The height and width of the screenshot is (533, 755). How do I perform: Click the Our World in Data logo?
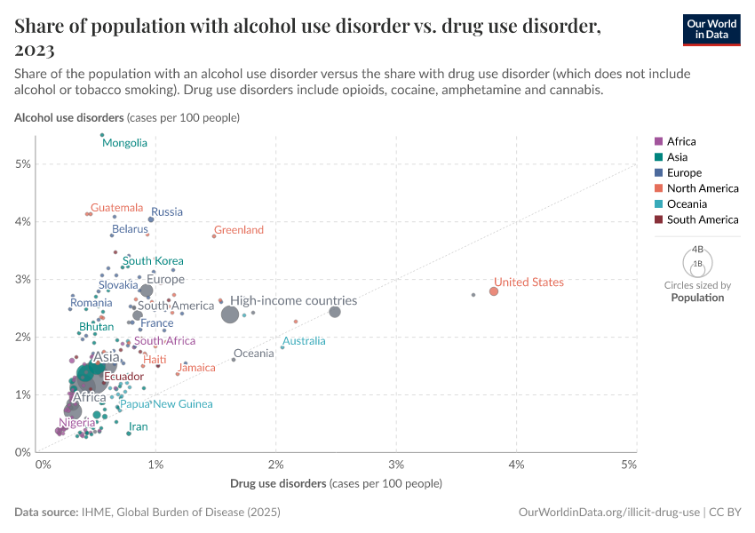coord(711,29)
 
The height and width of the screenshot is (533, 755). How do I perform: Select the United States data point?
coord(494,291)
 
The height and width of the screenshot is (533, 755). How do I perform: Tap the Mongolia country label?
coord(124,143)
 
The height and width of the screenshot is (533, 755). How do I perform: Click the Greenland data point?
coord(214,236)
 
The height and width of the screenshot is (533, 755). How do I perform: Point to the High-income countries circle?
coord(230,314)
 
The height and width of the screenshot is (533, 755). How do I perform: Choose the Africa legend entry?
coord(681,141)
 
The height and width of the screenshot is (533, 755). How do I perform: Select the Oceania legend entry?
coord(687,204)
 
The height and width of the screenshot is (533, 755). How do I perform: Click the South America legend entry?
coord(702,219)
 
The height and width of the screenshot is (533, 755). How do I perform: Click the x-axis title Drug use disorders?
coord(278,484)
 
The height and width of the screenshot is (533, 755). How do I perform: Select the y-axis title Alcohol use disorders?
coord(68,117)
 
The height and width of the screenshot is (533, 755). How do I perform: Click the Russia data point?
coord(151,219)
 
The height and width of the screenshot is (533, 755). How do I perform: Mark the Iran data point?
coord(129,434)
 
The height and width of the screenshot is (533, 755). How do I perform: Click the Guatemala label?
coord(116,208)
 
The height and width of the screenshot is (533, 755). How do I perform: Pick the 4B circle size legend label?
coord(697,250)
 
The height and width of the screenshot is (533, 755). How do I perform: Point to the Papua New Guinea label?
coord(166,404)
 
